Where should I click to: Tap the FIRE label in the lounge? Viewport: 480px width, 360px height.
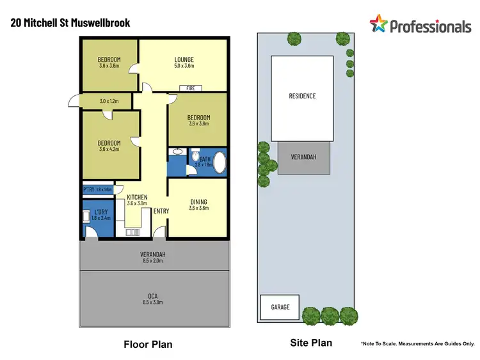191,88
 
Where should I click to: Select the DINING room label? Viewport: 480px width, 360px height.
198,202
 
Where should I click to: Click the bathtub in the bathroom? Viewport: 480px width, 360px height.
220,162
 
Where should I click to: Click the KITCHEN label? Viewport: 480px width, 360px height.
137,197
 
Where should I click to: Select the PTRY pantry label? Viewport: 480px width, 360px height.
88,189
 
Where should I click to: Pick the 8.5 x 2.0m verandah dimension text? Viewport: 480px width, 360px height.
153,261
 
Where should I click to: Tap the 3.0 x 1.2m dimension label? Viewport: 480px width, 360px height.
110,100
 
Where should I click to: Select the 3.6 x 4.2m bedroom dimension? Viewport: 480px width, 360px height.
109,150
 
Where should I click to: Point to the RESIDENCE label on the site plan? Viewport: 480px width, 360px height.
302,96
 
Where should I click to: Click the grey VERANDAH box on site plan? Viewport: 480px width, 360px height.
303,157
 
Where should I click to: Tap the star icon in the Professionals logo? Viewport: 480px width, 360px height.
379,24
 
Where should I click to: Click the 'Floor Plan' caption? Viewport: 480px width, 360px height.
148,344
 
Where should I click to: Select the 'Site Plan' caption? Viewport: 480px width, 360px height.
311,343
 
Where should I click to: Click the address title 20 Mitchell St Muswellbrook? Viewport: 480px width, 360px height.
70,23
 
